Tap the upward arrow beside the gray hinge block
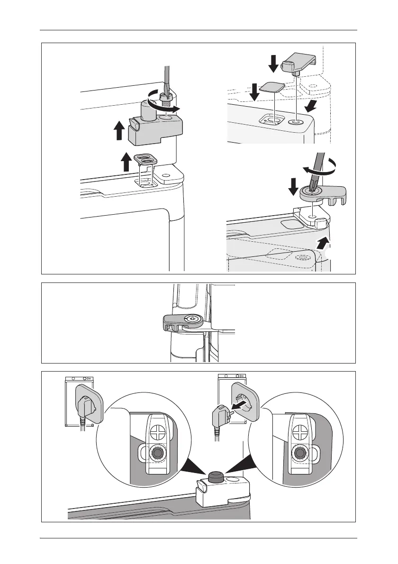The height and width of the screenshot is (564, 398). tap(119, 130)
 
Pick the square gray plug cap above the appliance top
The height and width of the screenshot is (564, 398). tap(272, 88)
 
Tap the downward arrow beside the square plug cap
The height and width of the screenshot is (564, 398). tap(255, 92)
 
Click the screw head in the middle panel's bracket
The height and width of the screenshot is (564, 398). tap(192, 319)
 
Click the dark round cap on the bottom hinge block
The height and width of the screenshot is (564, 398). tap(215, 476)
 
